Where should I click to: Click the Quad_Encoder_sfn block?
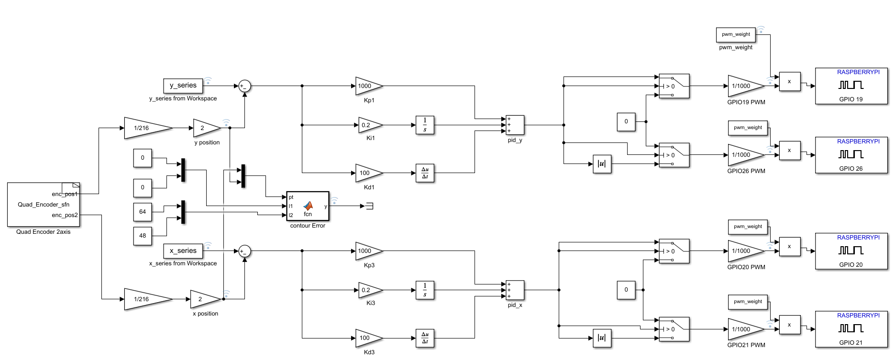(x=43, y=205)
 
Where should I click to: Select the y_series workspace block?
(x=183, y=86)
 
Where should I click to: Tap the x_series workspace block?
(x=183, y=251)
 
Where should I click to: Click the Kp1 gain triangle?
(x=367, y=86)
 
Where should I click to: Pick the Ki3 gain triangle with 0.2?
(x=369, y=290)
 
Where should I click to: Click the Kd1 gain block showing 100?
(x=367, y=173)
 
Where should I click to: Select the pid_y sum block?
(x=515, y=125)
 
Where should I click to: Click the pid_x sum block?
(x=515, y=290)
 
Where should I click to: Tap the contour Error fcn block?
(x=308, y=207)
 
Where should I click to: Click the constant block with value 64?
(x=143, y=212)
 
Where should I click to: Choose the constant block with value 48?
(x=143, y=236)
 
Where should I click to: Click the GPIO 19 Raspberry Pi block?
(x=851, y=86)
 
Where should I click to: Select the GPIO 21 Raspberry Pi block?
(x=851, y=329)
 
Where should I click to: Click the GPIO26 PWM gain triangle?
(x=744, y=155)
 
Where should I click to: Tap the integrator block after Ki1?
(x=425, y=125)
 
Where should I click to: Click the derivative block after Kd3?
(x=425, y=338)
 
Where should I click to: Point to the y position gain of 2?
(x=205, y=128)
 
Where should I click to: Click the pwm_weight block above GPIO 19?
(x=736, y=34)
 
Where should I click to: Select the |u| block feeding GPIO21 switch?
(x=602, y=338)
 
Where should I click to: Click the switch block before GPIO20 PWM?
(x=674, y=251)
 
